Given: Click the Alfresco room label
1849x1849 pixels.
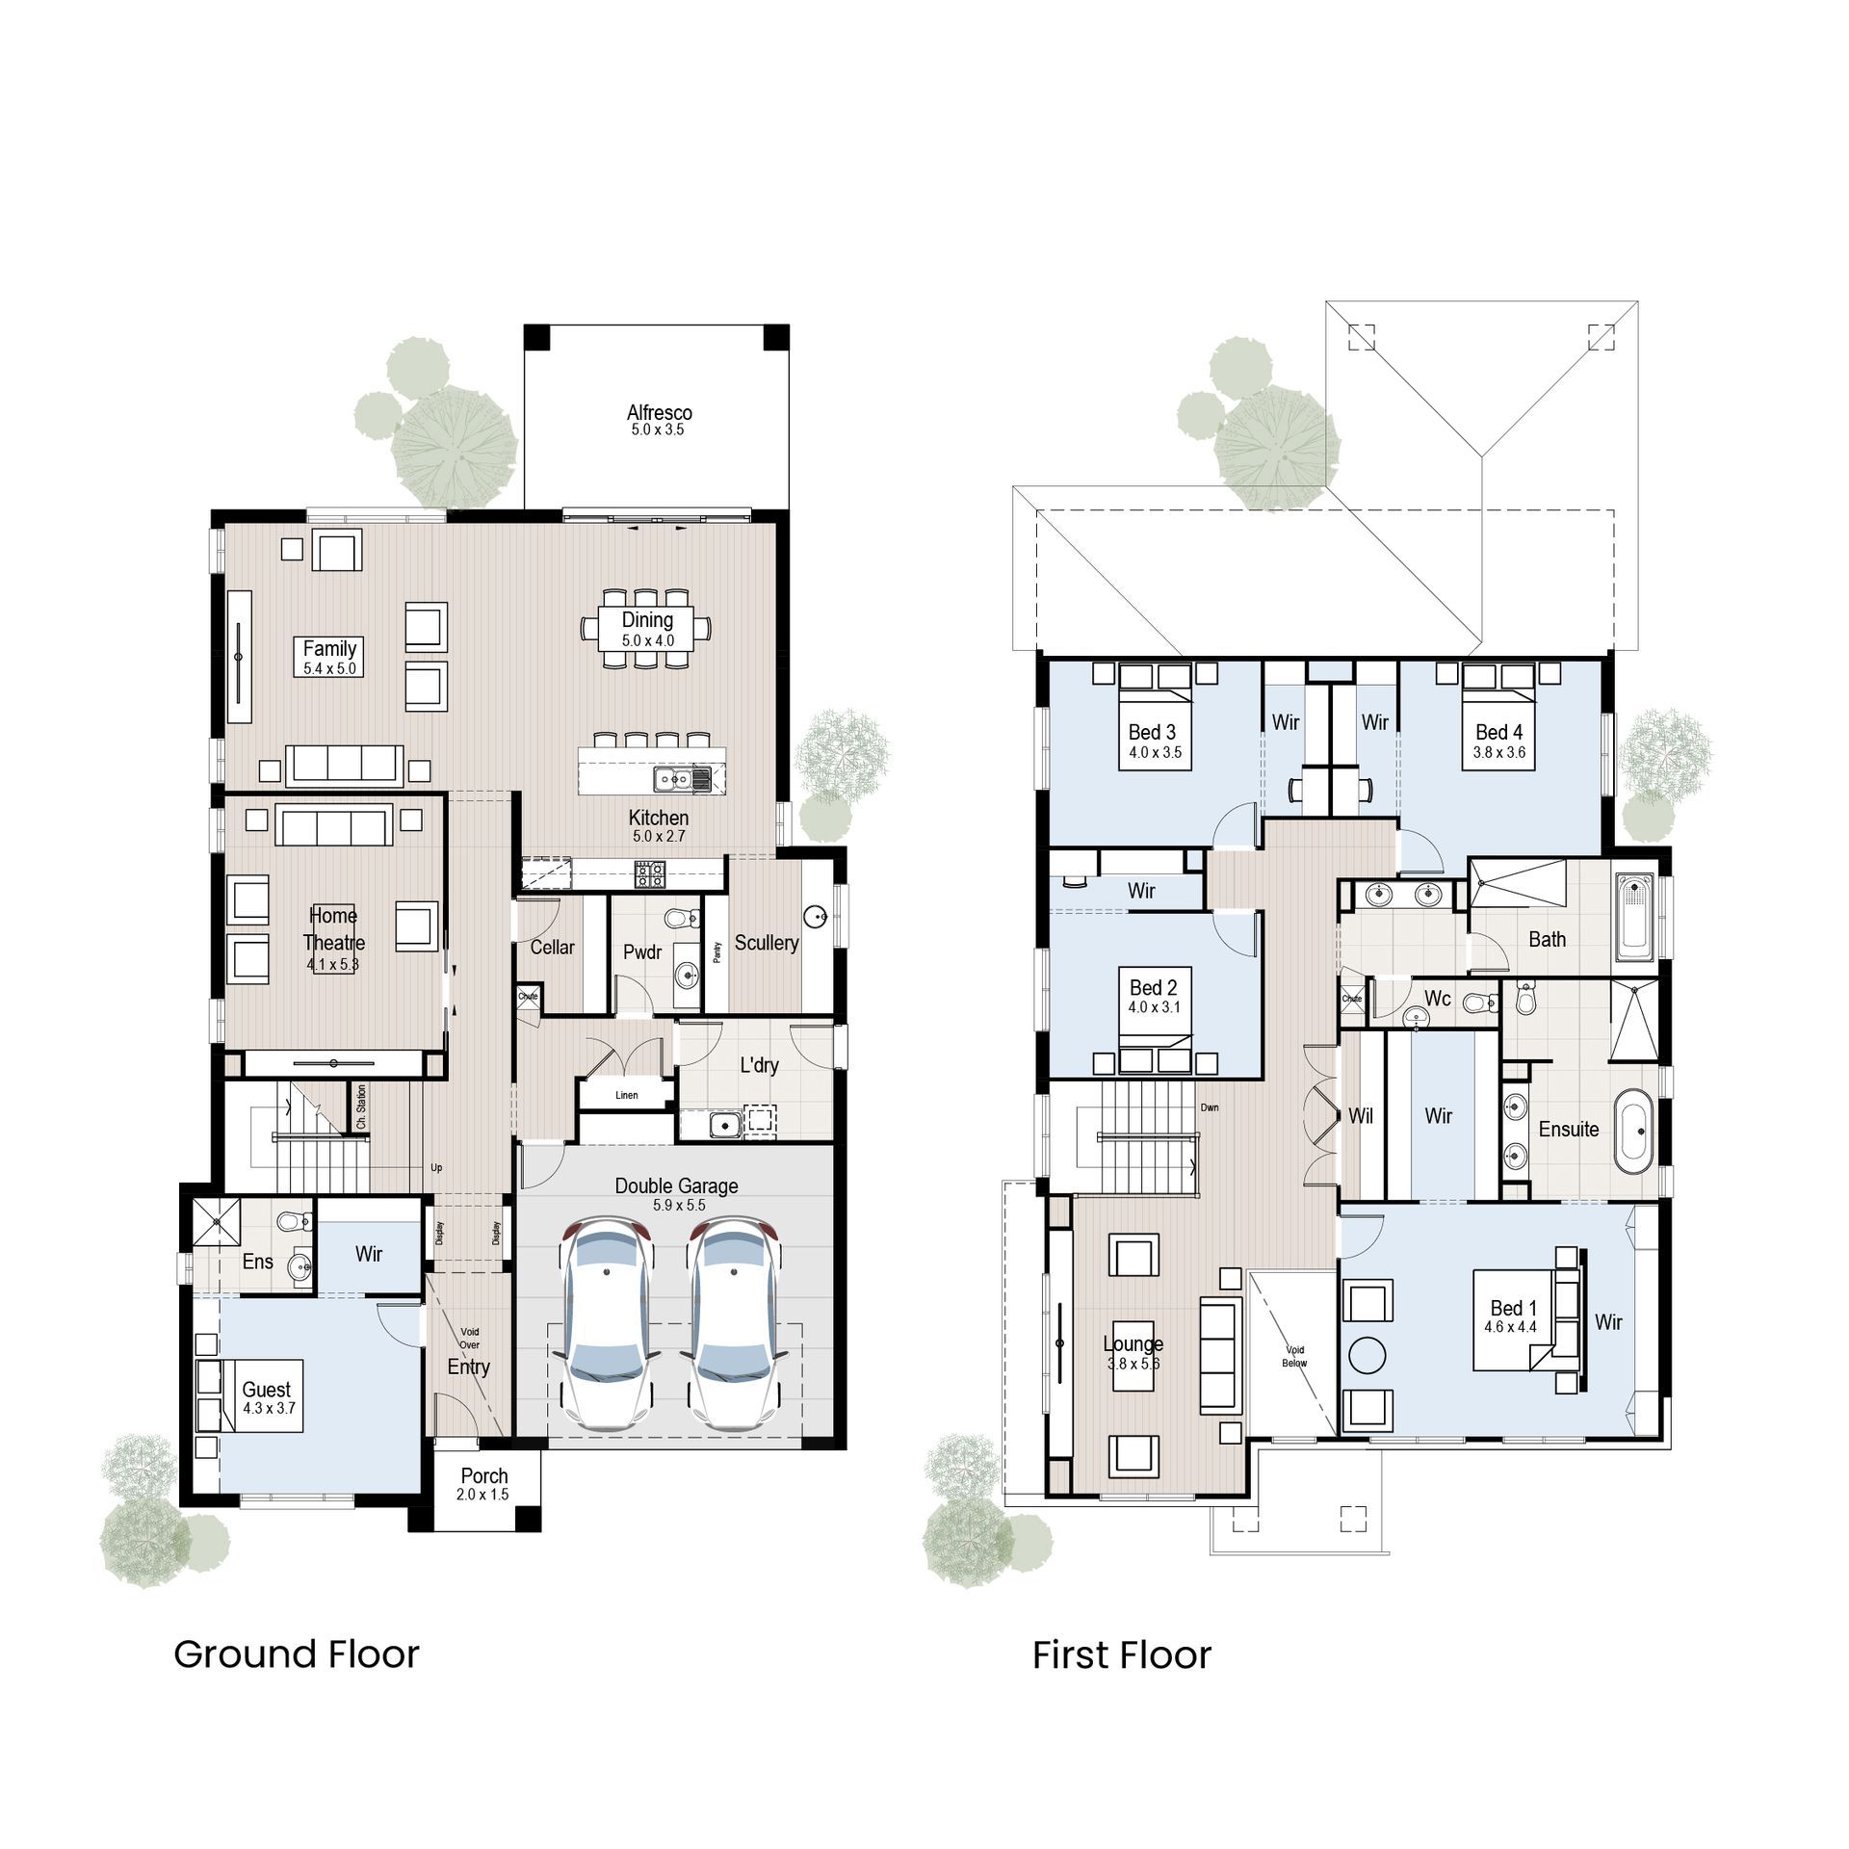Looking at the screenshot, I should click(x=659, y=412).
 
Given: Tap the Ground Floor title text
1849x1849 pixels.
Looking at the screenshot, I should click(x=296, y=1654).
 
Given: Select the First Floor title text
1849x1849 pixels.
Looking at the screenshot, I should click(x=1121, y=1655).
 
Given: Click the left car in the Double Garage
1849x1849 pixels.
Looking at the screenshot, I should click(x=608, y=1324).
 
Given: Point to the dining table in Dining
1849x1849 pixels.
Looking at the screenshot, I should click(x=647, y=629).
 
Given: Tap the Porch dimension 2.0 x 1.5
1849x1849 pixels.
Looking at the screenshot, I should click(x=482, y=1495).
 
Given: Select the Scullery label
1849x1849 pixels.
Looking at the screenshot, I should click(x=767, y=943).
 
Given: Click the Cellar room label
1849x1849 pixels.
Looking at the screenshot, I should click(x=552, y=948).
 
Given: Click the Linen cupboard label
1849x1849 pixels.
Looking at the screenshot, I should click(x=626, y=1095).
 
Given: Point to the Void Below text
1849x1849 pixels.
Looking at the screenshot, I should click(x=1294, y=1356).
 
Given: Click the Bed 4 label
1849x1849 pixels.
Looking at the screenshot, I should click(x=1498, y=732).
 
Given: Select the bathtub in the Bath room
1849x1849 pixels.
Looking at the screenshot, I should click(x=1634, y=916).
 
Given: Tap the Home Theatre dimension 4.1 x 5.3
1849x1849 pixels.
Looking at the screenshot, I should click(x=332, y=964).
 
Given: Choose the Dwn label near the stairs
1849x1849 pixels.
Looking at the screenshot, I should click(x=1210, y=1107).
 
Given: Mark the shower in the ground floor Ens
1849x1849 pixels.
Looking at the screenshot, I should click(x=216, y=1223).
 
